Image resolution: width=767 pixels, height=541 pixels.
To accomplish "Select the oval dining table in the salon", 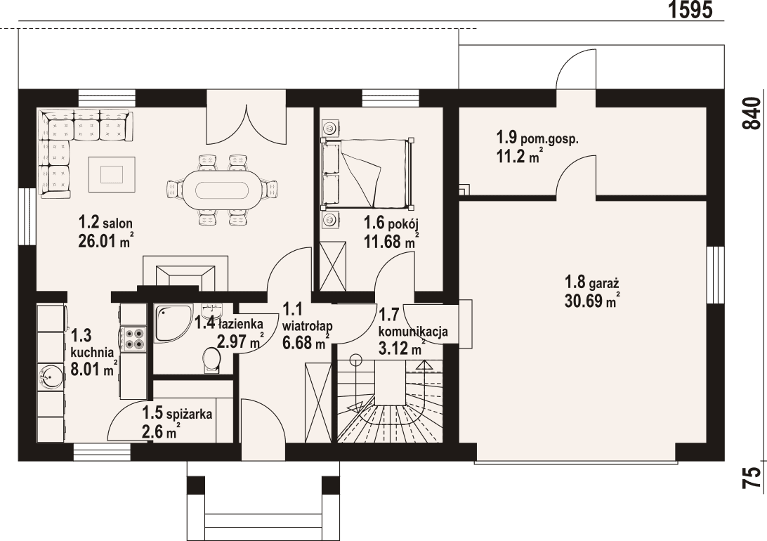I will pos(217,190).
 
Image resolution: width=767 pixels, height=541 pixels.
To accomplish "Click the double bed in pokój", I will pos(366,174).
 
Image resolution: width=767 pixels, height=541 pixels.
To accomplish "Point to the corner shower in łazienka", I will pos(171,322).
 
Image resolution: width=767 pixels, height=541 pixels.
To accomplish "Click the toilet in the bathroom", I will pos(210,359).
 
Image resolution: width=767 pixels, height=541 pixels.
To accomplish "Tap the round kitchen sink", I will pos(51,377).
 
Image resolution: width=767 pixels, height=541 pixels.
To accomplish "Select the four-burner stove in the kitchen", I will pos(133,339).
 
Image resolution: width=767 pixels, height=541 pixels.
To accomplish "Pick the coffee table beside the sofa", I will pos(112,174).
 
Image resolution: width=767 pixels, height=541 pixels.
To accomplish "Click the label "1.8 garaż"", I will pos(591,283).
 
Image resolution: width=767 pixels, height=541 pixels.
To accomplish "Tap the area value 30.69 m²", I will pos(591,301).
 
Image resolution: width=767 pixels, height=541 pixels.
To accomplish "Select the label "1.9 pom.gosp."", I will pos(537,138).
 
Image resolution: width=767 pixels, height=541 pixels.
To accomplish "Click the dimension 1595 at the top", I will pos(690,10).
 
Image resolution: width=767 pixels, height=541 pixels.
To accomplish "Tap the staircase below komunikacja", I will pos(390,404).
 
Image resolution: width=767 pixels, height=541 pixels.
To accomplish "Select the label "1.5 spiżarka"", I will pos(177,415).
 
